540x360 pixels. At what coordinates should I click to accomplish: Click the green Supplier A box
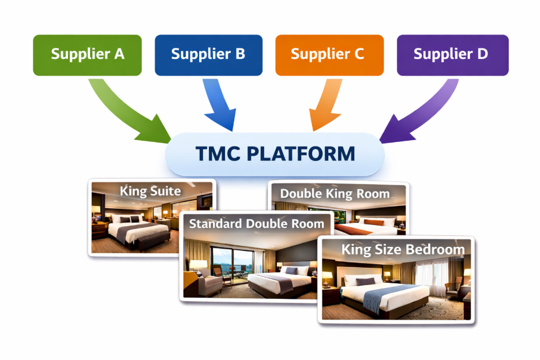click(x=87, y=55)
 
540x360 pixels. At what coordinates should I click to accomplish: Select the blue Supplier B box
click(x=208, y=55)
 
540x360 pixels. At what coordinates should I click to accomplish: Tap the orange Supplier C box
click(x=329, y=55)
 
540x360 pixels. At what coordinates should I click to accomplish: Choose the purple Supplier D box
click(x=452, y=55)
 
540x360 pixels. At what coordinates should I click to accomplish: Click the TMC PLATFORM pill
click(x=275, y=154)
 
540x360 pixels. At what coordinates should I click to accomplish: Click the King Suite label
click(x=150, y=191)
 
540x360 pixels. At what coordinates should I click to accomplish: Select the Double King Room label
click(x=335, y=194)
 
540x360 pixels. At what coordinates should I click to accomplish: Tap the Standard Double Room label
click(x=257, y=223)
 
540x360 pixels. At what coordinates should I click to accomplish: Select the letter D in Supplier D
click(x=481, y=54)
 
